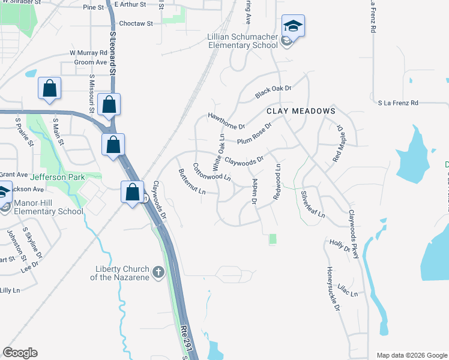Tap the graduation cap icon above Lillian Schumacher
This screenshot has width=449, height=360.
(x=293, y=26)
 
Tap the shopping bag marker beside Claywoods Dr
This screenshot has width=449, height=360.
(x=133, y=192)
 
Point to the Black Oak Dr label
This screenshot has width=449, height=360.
(x=273, y=92)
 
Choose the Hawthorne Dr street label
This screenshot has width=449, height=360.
(x=227, y=121)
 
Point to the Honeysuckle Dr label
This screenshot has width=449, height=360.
(x=333, y=289)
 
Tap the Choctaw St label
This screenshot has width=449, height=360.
(x=137, y=24)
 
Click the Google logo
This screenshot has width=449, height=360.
(x=20, y=352)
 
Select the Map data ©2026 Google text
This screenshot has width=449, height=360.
(x=411, y=355)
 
